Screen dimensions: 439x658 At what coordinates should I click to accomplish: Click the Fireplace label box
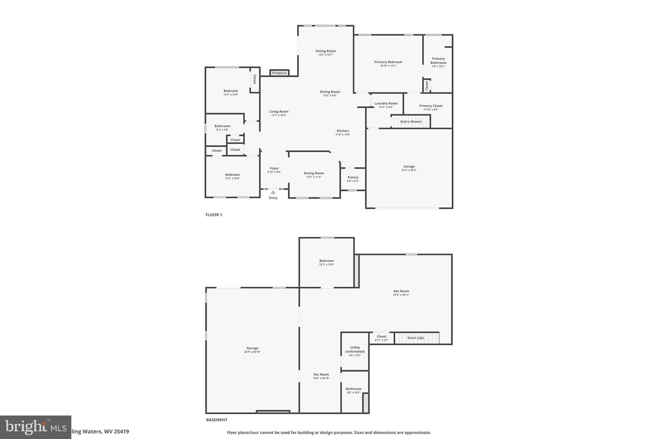pyautogui.click(x=279, y=73)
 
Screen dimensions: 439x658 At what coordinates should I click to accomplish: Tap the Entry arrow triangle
pyautogui.click(x=273, y=192)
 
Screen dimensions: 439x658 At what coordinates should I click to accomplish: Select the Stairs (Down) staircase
pyautogui.click(x=411, y=122)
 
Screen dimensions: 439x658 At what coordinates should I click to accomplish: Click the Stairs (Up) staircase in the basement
pyautogui.click(x=416, y=338)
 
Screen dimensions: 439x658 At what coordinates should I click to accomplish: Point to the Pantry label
pyautogui.click(x=353, y=177)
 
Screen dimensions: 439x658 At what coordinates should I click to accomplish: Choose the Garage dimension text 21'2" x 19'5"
pyautogui.click(x=409, y=170)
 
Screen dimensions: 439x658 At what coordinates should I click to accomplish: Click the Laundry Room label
pyautogui.click(x=386, y=103)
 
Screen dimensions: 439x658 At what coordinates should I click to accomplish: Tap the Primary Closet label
pyautogui.click(x=431, y=106)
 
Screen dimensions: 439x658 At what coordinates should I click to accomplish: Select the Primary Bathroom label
pyautogui.click(x=438, y=60)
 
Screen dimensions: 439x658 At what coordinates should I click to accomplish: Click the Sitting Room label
pyautogui.click(x=325, y=51)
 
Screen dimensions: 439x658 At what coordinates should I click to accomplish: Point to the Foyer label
pyautogui.click(x=274, y=168)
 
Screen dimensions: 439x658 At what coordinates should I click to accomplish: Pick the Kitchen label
pyautogui.click(x=342, y=131)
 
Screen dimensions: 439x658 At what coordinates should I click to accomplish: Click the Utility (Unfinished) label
pyautogui.click(x=355, y=350)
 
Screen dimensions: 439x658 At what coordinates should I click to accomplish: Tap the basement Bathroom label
pyautogui.click(x=353, y=389)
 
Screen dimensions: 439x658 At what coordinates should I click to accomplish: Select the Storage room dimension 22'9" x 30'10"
pyautogui.click(x=252, y=352)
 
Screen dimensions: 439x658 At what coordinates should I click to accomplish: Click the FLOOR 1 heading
pyautogui.click(x=214, y=215)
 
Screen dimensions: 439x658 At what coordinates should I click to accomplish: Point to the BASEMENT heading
pyautogui.click(x=217, y=420)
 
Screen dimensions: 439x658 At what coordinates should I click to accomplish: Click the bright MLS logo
pyautogui.click(x=35, y=427)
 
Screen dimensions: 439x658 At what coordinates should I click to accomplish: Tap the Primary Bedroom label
pyautogui.click(x=388, y=62)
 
